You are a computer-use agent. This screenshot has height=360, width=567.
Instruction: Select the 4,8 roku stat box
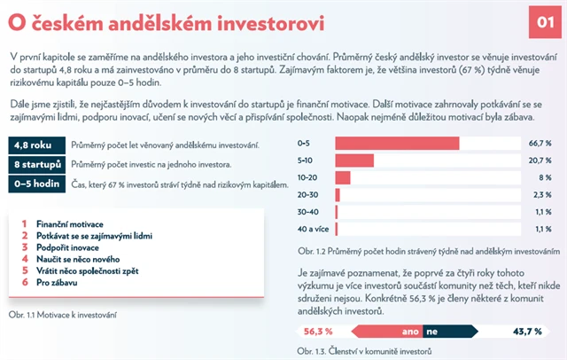pyautogui.click(x=35, y=145)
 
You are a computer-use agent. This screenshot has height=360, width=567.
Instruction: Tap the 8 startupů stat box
pyautogui.click(x=35, y=165)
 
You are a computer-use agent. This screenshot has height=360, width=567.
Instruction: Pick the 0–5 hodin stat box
pyautogui.click(x=35, y=184)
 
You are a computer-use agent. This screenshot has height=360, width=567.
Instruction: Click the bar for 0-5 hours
pyautogui.click(x=397, y=144)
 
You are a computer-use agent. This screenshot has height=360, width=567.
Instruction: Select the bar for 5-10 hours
pyautogui.click(x=354, y=160)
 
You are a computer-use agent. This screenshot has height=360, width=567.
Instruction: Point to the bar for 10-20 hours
pyautogui.click(x=343, y=177)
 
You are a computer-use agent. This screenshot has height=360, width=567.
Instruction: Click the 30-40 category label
pyautogui.click(x=308, y=212)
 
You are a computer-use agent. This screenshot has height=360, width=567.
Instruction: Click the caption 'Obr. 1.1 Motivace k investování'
pyautogui.click(x=64, y=314)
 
